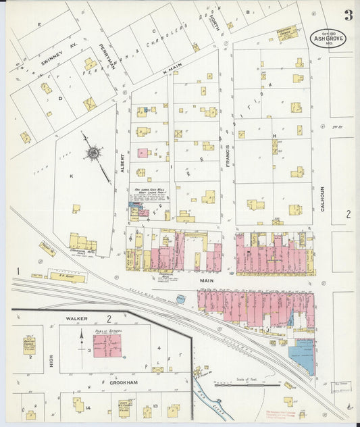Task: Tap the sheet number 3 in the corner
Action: pyautogui.click(x=347, y=15)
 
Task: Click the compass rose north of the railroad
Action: pyautogui.click(x=93, y=154)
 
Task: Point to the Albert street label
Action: pyautogui.click(x=122, y=162)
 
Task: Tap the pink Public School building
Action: pyautogui.click(x=107, y=346)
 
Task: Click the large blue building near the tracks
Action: pyautogui.click(x=302, y=356)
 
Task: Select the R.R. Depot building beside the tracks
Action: pyautogui.click(x=67, y=277)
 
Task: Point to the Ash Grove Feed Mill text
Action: pyautogui.click(x=149, y=191)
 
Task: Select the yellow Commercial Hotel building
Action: pyautogui.click(x=82, y=241)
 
